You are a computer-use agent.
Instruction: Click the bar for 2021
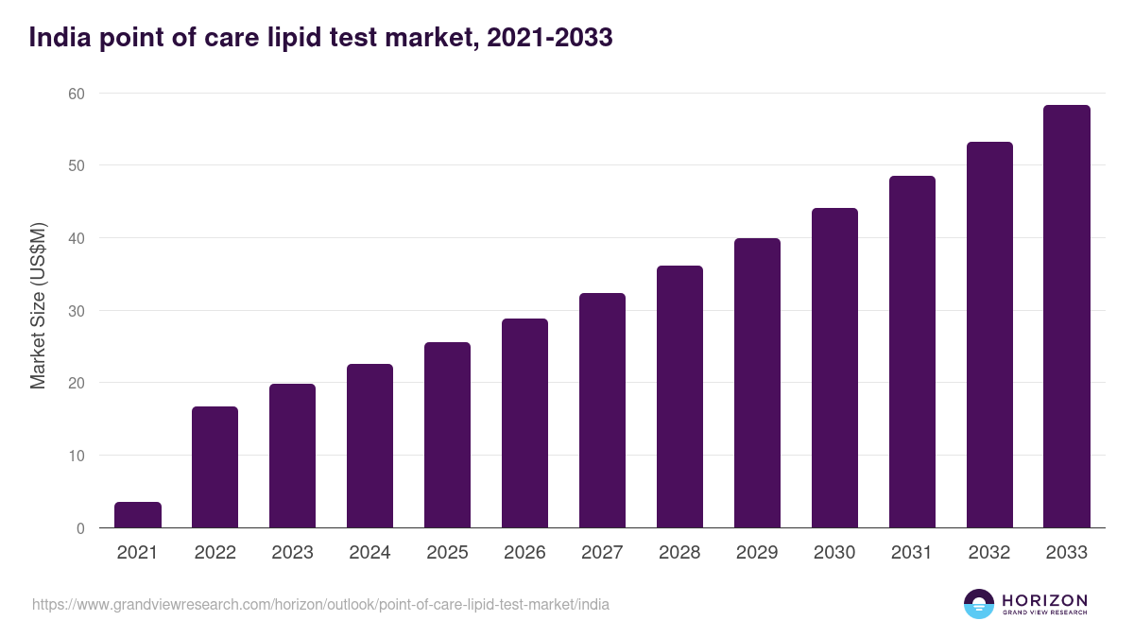pos(138,515)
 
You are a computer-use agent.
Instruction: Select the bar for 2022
pos(215,467)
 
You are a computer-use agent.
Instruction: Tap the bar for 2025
pos(447,435)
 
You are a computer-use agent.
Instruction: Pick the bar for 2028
pos(679,397)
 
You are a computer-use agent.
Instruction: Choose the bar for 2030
pos(834,368)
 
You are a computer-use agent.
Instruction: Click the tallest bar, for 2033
pos(1067,317)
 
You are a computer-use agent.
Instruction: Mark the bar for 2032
pos(989,335)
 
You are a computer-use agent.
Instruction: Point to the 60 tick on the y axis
pos(76,94)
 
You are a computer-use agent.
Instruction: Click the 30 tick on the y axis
pos(76,311)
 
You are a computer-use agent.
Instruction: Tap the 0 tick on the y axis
pos(80,528)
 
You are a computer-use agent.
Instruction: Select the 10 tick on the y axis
pos(76,456)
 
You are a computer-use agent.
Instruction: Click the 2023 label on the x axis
pos(292,553)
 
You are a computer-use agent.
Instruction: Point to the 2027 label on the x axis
pos(602,553)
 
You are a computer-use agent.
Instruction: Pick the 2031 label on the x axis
pos(912,553)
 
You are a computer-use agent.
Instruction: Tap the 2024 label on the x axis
pos(369,553)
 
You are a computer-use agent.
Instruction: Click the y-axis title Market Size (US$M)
pos(38,304)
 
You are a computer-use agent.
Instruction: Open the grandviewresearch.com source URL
pos(320,604)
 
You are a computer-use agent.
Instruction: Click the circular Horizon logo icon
pos(979,604)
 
